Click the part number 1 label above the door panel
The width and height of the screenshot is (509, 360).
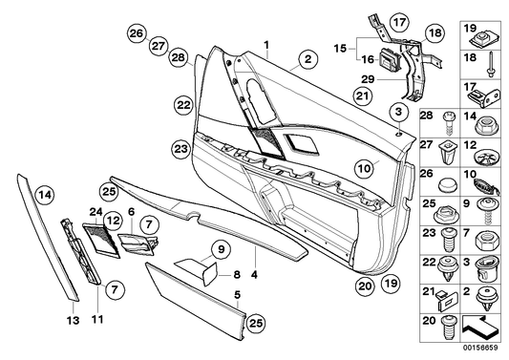[267, 43]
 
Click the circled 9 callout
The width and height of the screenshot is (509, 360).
[219, 252]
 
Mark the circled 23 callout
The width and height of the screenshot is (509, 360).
[180, 148]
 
